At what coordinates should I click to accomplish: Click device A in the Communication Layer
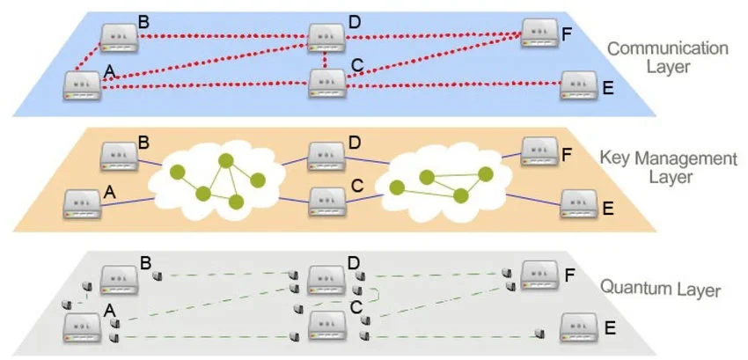pos(83,85)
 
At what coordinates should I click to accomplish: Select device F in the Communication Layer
pos(539,33)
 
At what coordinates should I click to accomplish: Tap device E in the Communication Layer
pos(579,85)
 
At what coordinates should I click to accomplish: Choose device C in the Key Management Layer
pos(326,202)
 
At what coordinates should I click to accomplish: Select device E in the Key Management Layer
pos(579,203)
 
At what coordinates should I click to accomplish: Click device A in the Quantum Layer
pos(83,327)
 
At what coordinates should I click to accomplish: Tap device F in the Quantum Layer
pos(539,275)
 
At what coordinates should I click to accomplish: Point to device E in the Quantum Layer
pos(579,327)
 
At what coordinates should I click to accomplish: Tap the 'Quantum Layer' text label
pos(660,288)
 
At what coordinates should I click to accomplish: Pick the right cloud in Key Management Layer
pos(437,181)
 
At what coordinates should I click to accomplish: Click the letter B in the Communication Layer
pos(144,19)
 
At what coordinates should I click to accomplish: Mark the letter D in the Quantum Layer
pos(355,261)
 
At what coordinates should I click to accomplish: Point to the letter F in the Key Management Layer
pos(567,153)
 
